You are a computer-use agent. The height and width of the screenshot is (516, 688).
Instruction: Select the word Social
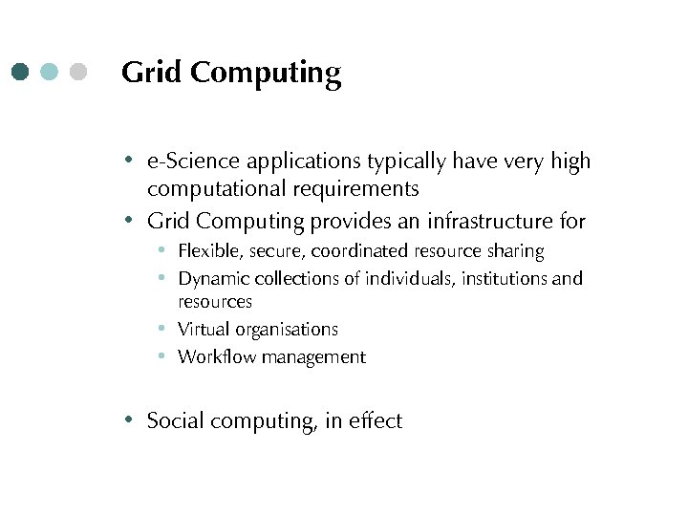pos(176,420)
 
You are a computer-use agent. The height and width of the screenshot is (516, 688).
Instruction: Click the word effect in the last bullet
pos(376,420)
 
